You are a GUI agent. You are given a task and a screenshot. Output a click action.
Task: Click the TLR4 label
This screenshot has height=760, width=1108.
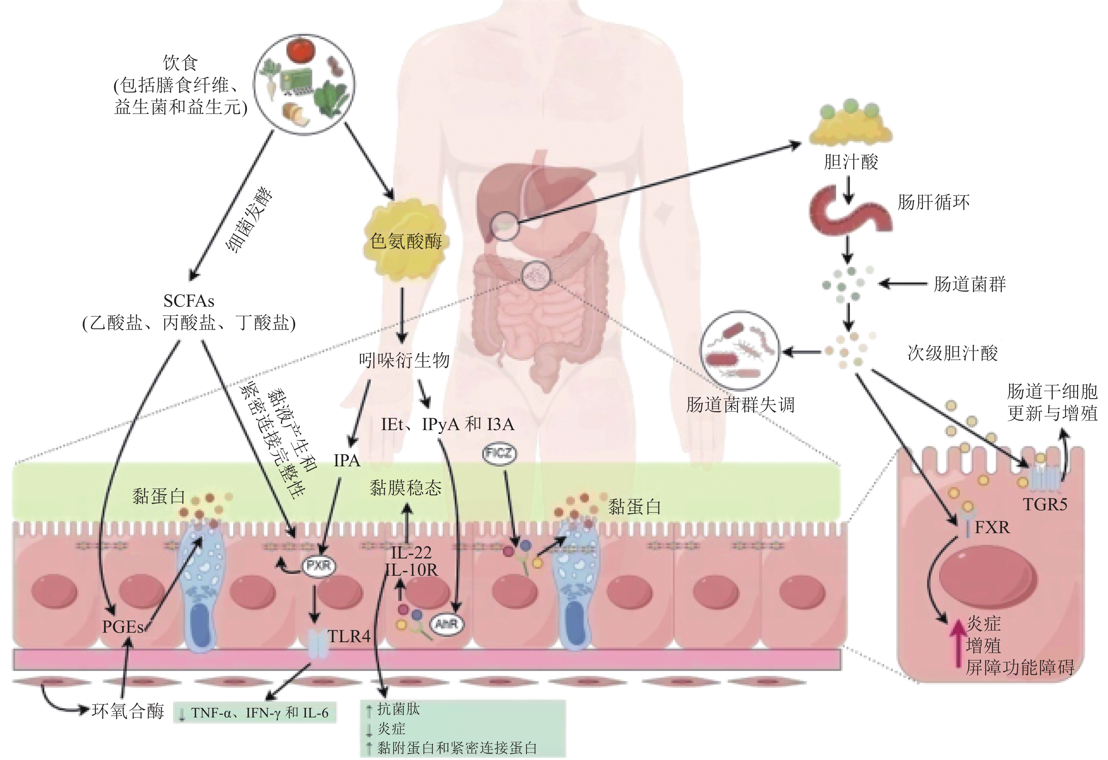(349, 636)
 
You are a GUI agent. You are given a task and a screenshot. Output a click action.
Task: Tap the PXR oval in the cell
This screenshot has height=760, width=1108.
(318, 566)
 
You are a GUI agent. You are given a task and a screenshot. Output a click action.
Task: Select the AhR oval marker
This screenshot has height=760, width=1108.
(447, 623)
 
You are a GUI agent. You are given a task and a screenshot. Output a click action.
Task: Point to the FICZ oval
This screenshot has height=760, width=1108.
(499, 453)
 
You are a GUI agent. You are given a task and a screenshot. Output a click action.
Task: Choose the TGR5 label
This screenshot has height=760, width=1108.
(1045, 504)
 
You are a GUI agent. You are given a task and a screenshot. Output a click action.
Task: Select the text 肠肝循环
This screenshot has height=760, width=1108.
(933, 202)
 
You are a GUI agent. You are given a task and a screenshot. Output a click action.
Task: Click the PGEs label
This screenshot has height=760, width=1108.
(123, 626)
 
